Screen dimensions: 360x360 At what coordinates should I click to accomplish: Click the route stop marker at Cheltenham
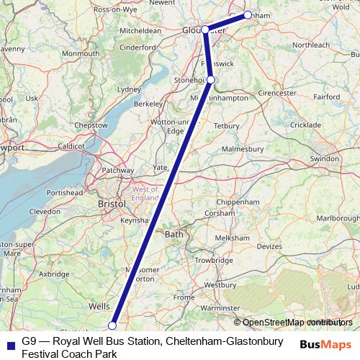pyautogui.click(x=248, y=14)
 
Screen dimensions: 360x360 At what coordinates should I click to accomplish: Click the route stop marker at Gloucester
pyautogui.click(x=205, y=30)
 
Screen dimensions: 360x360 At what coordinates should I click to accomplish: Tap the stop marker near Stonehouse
pyautogui.click(x=210, y=80)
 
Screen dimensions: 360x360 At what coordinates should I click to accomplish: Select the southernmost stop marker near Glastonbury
pyautogui.click(x=112, y=325)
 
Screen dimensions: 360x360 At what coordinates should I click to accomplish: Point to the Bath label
pyautogui.click(x=174, y=234)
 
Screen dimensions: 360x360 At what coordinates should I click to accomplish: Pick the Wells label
pyautogui.click(x=99, y=306)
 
